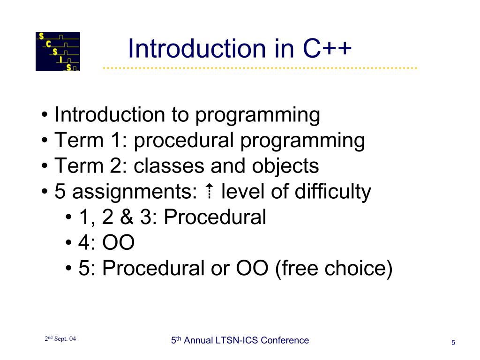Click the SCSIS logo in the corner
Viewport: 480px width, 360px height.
click(58, 52)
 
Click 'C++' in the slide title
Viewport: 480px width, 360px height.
click(327, 48)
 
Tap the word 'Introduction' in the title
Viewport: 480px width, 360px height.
click(196, 48)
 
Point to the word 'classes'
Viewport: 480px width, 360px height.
click(169, 166)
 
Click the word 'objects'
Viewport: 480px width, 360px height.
click(285, 166)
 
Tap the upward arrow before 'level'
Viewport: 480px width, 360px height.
click(210, 191)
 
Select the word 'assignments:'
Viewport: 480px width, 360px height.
click(135, 192)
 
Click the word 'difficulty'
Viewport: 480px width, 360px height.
click(333, 192)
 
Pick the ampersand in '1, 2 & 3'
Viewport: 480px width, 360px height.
click(127, 217)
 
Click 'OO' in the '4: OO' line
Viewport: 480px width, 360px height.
click(118, 242)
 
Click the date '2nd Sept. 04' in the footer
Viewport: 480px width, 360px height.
click(60, 338)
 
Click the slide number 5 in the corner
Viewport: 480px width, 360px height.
click(453, 343)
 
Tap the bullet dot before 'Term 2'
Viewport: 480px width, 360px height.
click(45, 166)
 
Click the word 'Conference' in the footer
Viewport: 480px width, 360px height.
click(285, 340)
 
